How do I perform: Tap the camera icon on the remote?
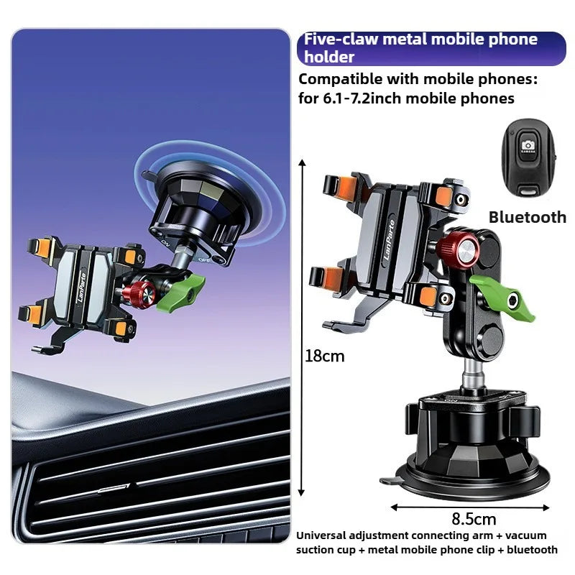click(x=528, y=146)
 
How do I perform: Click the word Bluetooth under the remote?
click(x=528, y=217)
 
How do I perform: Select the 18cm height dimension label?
click(x=325, y=356)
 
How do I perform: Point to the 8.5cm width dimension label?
click(x=474, y=519)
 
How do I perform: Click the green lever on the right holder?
click(x=503, y=298)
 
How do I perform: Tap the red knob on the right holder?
click(x=458, y=249)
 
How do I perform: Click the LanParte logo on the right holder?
click(x=390, y=239)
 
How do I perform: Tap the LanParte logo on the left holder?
click(x=82, y=287)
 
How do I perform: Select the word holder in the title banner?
click(x=329, y=57)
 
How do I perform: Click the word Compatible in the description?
click(x=341, y=80)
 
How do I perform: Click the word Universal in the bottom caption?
click(x=321, y=535)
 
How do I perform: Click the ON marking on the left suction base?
click(x=165, y=242)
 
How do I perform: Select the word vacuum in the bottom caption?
click(x=526, y=535)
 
